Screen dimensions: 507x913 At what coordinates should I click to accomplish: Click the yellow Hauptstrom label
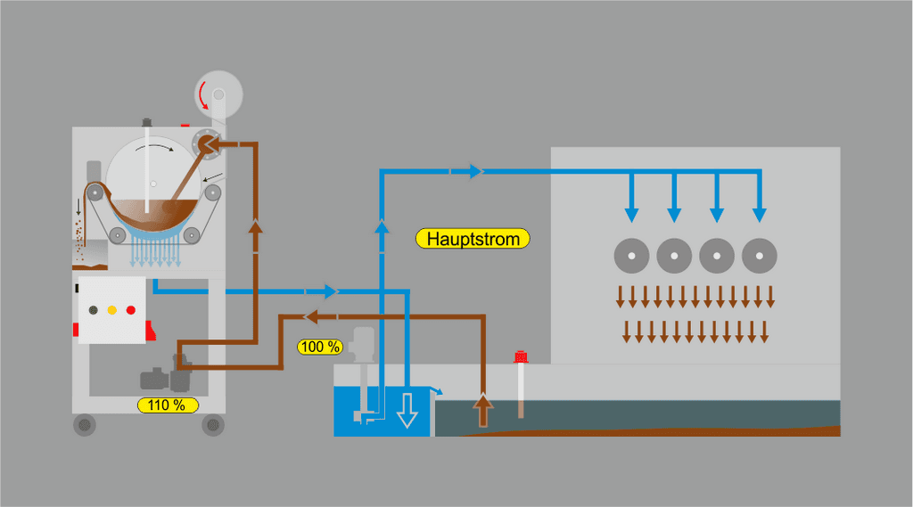click(473, 239)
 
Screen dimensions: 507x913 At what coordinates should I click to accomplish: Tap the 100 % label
click(319, 346)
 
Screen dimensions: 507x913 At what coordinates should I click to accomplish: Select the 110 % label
click(168, 405)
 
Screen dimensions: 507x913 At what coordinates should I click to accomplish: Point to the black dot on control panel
click(93, 310)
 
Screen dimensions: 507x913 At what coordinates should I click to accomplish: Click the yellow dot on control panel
click(111, 310)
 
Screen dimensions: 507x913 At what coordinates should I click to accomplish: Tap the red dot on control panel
click(130, 310)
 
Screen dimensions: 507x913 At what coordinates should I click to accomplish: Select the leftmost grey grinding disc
click(631, 257)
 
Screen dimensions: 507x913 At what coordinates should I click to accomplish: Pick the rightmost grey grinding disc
click(759, 257)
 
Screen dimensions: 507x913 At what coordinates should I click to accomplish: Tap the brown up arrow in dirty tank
click(483, 410)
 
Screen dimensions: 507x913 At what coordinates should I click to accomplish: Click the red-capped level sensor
click(521, 383)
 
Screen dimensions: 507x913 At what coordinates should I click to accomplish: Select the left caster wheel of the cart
click(85, 425)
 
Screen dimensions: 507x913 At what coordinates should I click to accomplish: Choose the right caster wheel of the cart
click(212, 425)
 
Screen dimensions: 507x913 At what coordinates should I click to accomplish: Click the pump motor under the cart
click(160, 378)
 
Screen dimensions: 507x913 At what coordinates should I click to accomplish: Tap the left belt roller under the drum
click(117, 234)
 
